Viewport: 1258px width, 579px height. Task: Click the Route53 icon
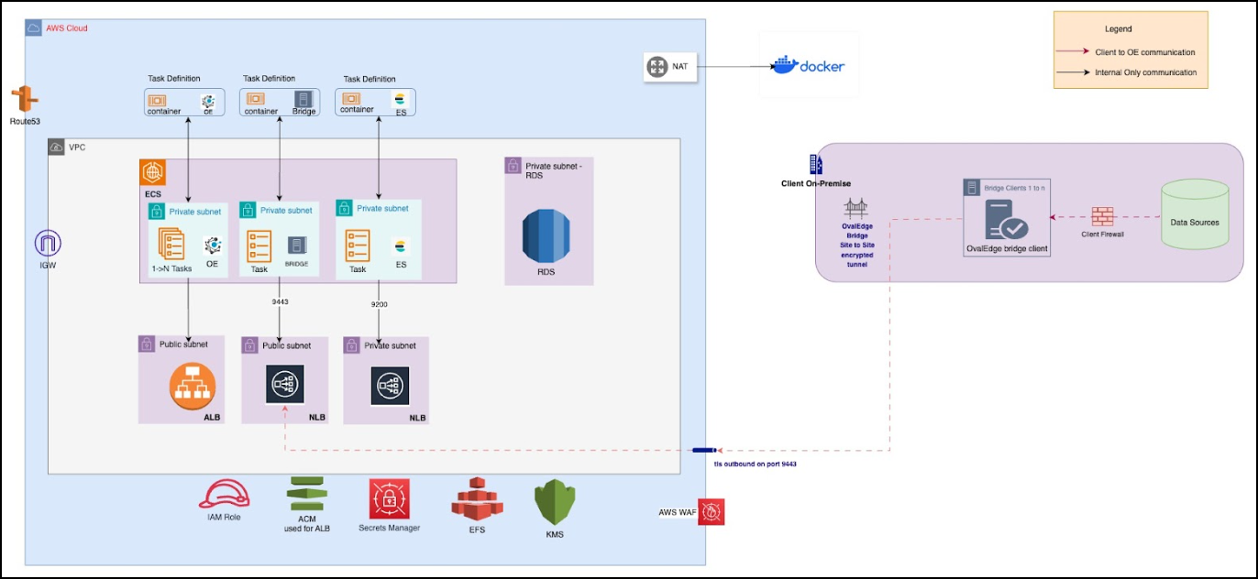[x=24, y=100]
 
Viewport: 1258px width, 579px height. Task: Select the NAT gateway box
[x=670, y=67]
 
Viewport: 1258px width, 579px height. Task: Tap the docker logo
[x=809, y=65]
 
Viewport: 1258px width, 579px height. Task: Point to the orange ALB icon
[x=192, y=388]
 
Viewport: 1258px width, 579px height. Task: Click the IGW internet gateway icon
[x=47, y=244]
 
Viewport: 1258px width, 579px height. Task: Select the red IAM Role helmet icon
[x=225, y=495]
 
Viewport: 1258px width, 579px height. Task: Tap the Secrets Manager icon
[x=389, y=499]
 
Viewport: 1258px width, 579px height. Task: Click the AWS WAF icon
[x=711, y=511]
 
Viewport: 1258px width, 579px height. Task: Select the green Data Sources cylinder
[x=1195, y=214]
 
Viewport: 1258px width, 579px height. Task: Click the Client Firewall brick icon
[x=1103, y=217]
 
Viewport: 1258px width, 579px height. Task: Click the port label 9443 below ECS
[x=279, y=300]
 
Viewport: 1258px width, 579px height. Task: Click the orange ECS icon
[x=153, y=172]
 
